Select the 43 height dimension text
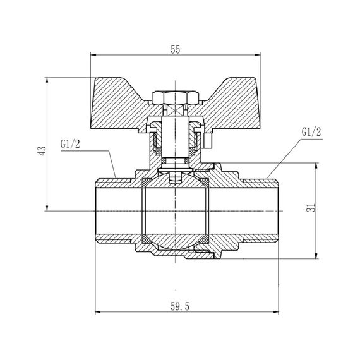(42, 150)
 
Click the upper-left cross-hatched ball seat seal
(147, 183)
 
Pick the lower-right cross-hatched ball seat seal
(205, 239)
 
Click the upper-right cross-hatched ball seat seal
(205, 183)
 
